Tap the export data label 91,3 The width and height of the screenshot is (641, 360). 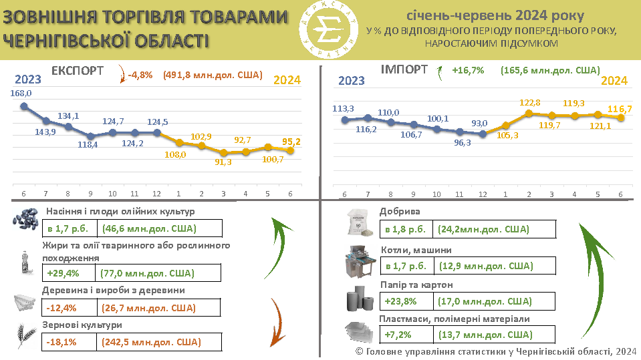[225, 162]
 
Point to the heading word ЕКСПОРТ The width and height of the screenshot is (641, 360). [78, 70]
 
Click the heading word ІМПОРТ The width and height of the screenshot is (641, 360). [404, 69]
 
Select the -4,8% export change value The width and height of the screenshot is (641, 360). [141, 75]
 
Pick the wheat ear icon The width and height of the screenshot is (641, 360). [25, 335]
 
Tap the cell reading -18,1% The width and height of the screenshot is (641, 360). [62, 343]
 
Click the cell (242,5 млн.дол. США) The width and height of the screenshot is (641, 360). [151, 343]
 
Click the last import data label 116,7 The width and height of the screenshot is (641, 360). [620, 108]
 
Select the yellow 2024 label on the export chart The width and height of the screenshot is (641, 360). [287, 80]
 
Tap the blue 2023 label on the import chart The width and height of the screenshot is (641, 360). [352, 81]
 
